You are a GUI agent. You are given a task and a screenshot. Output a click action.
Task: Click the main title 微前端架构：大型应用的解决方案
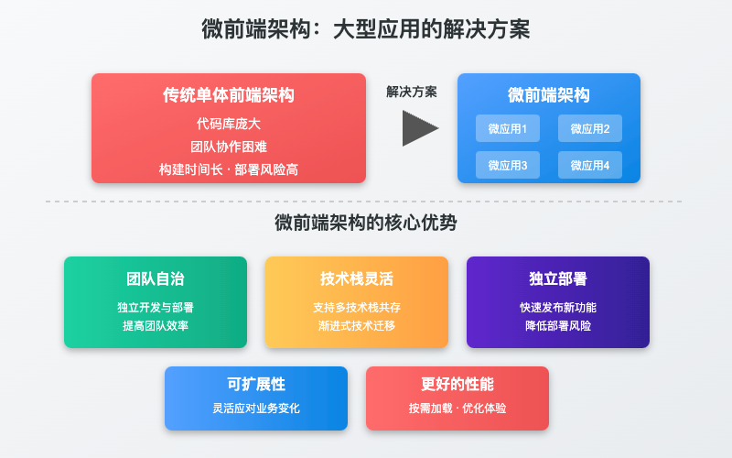coord(366,29)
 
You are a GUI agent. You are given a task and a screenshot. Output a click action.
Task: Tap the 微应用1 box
coord(508,128)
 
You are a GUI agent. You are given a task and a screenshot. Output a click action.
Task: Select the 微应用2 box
coord(590,128)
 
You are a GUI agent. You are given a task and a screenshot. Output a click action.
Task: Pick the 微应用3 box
coord(508,165)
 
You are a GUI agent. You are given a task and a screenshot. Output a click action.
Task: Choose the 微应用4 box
coord(590,165)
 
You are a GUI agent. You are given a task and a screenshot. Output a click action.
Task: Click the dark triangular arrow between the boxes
coord(419,128)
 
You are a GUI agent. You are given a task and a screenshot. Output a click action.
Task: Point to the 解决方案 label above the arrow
coord(412,92)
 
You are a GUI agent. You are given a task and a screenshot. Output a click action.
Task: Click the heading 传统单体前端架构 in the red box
coord(229,95)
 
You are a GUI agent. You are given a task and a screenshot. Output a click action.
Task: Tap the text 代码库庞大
coord(229,123)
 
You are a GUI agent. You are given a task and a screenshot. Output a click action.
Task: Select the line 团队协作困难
coord(229,146)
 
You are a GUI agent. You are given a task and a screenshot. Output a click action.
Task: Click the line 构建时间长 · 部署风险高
coord(229,169)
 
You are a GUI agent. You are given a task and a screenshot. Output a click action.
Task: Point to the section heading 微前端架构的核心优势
coord(366,223)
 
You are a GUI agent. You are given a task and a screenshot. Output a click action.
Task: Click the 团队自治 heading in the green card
coord(156,278)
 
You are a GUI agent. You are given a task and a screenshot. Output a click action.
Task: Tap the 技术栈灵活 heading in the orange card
coord(357,278)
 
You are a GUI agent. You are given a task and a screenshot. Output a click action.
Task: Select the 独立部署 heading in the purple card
coord(558,278)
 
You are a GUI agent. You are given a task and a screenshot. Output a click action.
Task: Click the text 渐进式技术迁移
coord(357,325)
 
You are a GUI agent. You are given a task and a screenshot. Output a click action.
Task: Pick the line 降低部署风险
coord(558,325)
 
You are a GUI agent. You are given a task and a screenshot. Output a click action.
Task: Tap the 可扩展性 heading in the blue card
coord(256,384)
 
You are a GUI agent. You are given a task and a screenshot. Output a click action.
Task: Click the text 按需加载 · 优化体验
coord(457,408)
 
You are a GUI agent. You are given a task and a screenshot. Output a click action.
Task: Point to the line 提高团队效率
coord(156,325)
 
